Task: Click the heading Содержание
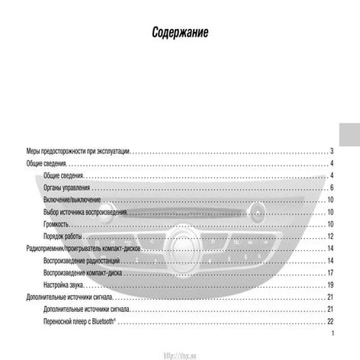point(180,34)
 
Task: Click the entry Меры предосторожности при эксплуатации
point(78,151)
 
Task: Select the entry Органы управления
point(66,188)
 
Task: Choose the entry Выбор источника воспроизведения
point(90,212)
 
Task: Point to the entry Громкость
point(56,224)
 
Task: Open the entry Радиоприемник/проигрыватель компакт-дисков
point(90,249)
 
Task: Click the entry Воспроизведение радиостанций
point(84,261)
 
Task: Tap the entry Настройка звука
point(64,284)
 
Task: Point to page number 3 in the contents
point(333,151)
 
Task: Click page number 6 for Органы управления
point(333,188)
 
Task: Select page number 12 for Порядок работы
point(331,236)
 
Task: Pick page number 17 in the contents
point(331,272)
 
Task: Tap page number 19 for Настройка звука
point(331,284)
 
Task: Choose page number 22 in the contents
point(331,321)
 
